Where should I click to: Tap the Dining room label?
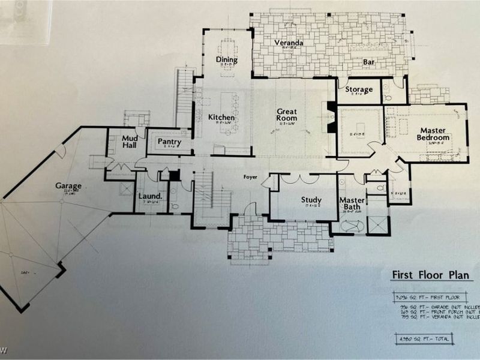[x=227, y=60]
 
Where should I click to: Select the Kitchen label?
[x=221, y=118]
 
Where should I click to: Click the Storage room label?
[x=359, y=90]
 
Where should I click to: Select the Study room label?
[x=311, y=200]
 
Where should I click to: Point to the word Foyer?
[x=250, y=177]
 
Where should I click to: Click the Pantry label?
[x=169, y=142]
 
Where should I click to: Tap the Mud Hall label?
[x=130, y=142]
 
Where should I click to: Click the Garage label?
[x=70, y=187]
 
